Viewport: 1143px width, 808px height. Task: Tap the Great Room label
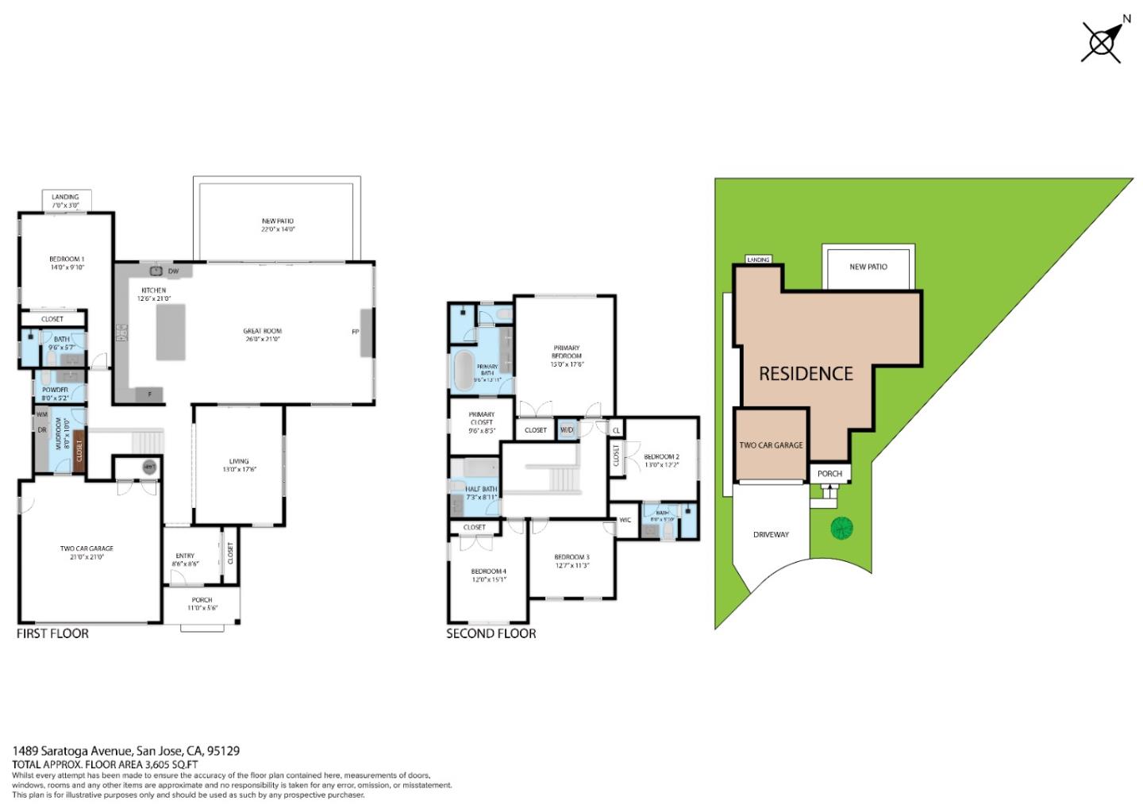pyautogui.click(x=262, y=335)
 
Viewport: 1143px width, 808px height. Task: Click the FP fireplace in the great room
pyautogui.click(x=366, y=332)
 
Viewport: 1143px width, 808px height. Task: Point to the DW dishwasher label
pyautogui.click(x=174, y=271)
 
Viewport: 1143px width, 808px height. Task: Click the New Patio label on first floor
pyautogui.click(x=278, y=225)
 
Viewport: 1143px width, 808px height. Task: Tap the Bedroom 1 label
pyautogui.click(x=67, y=263)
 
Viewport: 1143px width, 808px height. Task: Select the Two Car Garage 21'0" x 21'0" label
pyautogui.click(x=87, y=552)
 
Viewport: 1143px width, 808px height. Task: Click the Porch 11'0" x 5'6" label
pyautogui.click(x=202, y=604)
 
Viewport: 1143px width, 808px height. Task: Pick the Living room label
pyautogui.click(x=239, y=465)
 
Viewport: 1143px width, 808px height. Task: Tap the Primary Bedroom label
pyautogui.click(x=566, y=356)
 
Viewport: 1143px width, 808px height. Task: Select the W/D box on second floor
pyautogui.click(x=567, y=430)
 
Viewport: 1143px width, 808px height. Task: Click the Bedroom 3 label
pyautogui.click(x=571, y=561)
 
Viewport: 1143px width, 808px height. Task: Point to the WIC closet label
pyautogui.click(x=625, y=521)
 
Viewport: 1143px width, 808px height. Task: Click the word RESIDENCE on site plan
pyautogui.click(x=806, y=374)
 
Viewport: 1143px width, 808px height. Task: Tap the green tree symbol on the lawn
pyautogui.click(x=841, y=528)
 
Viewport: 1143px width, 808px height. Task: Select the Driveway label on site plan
pyautogui.click(x=771, y=535)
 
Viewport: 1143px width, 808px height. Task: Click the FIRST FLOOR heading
pyautogui.click(x=52, y=633)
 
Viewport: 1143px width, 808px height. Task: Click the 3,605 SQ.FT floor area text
pyautogui.click(x=170, y=764)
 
